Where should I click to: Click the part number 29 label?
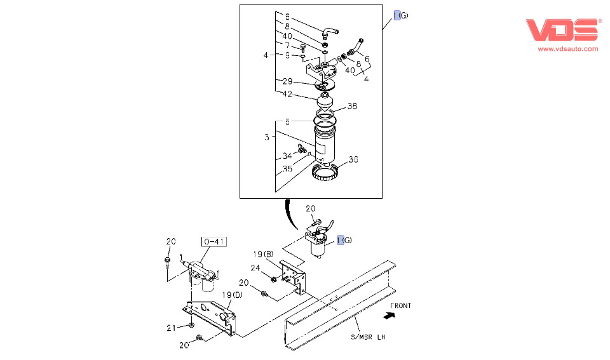click(287, 81)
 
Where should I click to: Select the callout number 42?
click(287, 94)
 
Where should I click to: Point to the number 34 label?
click(287, 156)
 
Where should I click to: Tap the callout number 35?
click(287, 169)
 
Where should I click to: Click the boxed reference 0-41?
click(215, 241)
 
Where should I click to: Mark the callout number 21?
click(170, 328)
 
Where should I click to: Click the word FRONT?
click(400, 305)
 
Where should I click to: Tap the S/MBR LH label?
click(367, 337)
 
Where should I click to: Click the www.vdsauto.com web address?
click(568, 48)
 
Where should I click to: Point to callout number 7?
click(287, 46)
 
